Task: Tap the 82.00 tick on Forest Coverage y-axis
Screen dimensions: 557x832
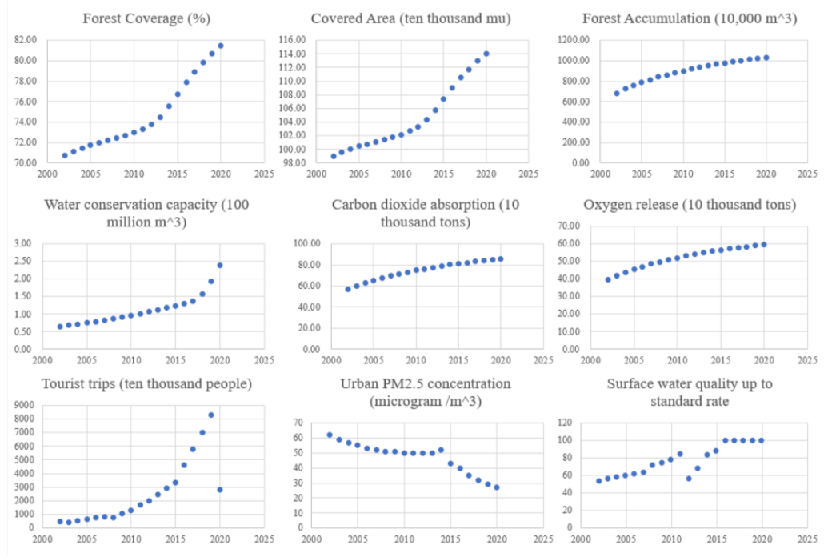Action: click(x=26, y=40)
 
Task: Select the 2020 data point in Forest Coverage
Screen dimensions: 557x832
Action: click(x=220, y=46)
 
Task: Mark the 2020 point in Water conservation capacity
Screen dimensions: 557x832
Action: click(x=220, y=265)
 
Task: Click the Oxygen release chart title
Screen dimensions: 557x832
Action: click(x=688, y=205)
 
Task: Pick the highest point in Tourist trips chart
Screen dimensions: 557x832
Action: click(x=211, y=415)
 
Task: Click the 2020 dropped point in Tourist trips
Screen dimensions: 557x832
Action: click(x=220, y=489)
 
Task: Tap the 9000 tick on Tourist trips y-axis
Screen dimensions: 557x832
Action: click(x=22, y=405)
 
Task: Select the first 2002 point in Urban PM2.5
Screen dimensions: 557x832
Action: click(x=330, y=435)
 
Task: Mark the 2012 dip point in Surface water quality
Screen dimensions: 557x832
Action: click(x=688, y=479)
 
